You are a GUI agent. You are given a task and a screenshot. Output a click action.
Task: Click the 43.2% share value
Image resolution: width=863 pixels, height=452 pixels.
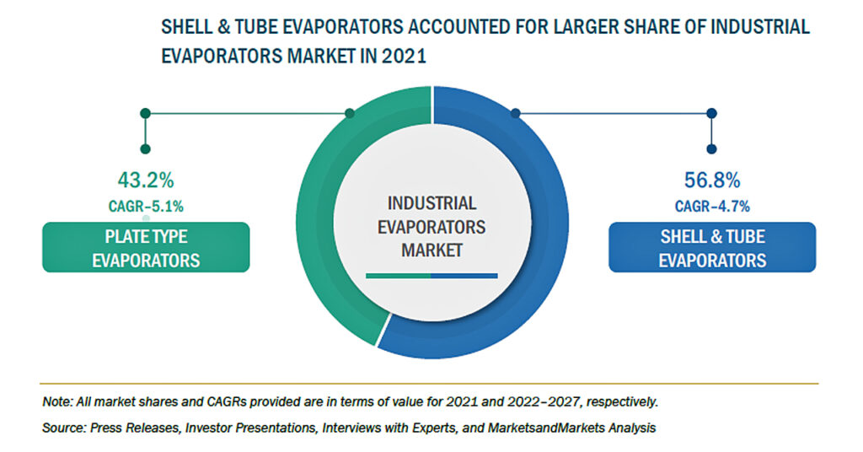click(x=146, y=180)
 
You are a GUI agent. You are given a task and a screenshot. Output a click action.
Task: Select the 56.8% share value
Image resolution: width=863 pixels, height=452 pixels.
click(x=712, y=180)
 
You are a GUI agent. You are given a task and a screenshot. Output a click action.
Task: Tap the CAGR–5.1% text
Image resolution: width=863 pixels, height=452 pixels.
click(x=146, y=207)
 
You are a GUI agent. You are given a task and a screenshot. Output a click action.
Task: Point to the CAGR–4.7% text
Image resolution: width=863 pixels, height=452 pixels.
click(x=712, y=207)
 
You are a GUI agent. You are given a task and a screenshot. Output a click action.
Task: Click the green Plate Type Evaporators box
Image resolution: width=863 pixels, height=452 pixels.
click(x=146, y=247)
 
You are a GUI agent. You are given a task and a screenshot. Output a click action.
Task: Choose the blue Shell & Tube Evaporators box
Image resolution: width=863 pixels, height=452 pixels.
click(x=712, y=247)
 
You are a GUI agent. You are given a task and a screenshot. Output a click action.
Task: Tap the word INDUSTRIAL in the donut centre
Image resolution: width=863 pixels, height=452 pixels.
click(x=432, y=203)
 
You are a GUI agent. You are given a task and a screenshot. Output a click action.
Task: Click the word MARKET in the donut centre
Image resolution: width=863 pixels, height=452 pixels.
click(x=432, y=250)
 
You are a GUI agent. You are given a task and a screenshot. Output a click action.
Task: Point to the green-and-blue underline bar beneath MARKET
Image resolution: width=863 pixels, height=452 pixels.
click(x=432, y=276)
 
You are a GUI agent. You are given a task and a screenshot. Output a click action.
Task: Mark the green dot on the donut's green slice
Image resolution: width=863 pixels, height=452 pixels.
click(x=350, y=113)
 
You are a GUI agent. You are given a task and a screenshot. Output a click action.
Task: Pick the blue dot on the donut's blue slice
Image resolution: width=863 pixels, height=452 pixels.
click(x=516, y=113)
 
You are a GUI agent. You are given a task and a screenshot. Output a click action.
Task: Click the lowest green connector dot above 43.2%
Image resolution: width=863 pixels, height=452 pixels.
click(x=145, y=149)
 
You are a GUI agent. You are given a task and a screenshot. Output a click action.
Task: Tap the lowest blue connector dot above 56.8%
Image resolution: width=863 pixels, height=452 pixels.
click(x=711, y=149)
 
